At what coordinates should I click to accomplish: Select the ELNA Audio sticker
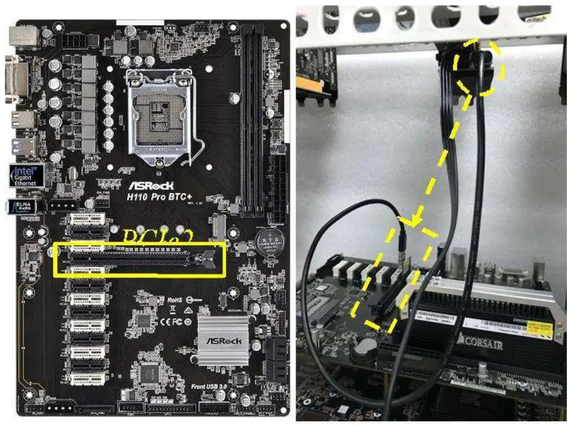22,206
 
